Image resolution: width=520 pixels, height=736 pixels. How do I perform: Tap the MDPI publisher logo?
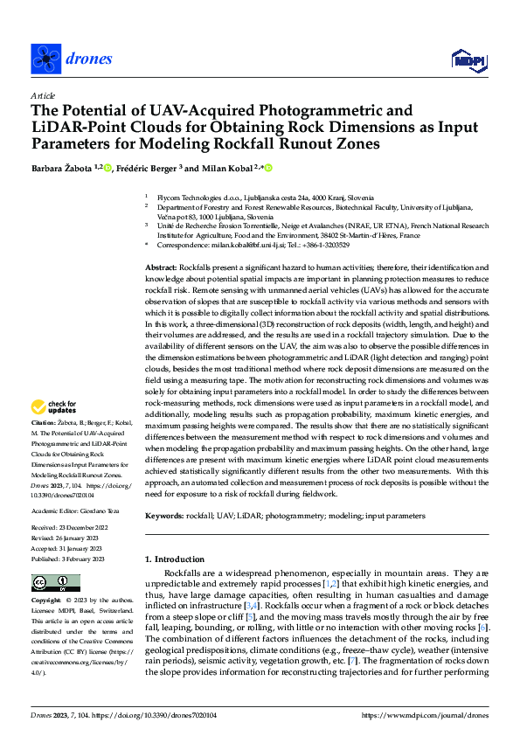[x=467, y=59]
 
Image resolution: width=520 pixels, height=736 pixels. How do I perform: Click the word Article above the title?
[x=42, y=94]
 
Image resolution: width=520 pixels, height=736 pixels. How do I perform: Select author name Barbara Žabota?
[x=62, y=168]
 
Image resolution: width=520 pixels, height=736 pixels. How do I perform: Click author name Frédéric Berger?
[x=150, y=168]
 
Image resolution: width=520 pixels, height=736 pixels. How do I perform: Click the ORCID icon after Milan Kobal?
[x=268, y=168]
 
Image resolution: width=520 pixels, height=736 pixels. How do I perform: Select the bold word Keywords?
[x=165, y=517]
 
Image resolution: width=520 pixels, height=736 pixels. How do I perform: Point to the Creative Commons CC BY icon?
[x=50, y=583]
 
